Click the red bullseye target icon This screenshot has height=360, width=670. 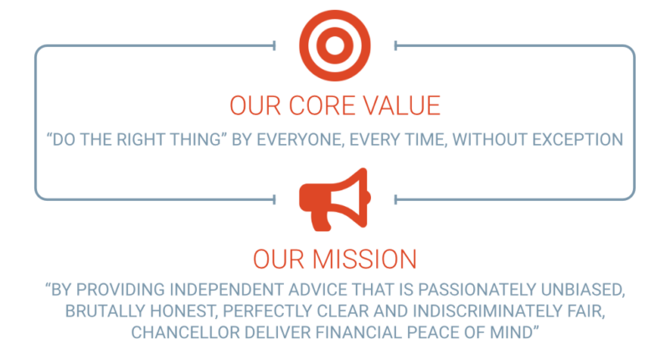tap(334, 46)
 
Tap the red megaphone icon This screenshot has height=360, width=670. tap(334, 199)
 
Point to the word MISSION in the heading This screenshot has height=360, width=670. tap(364, 260)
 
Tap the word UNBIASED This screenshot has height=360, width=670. tap(583, 290)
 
